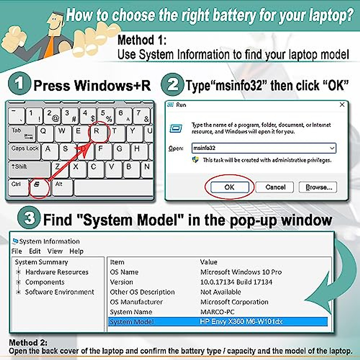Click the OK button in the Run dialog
(229, 187)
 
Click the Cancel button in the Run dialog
(275, 187)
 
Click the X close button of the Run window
(342, 105)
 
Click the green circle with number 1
(19, 84)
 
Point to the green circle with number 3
(29, 218)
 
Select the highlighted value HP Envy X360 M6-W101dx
(241, 322)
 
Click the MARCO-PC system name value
(217, 312)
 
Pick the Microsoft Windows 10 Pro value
(241, 272)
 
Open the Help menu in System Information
(76, 251)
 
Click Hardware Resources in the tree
(57, 272)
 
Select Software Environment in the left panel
(59, 292)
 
